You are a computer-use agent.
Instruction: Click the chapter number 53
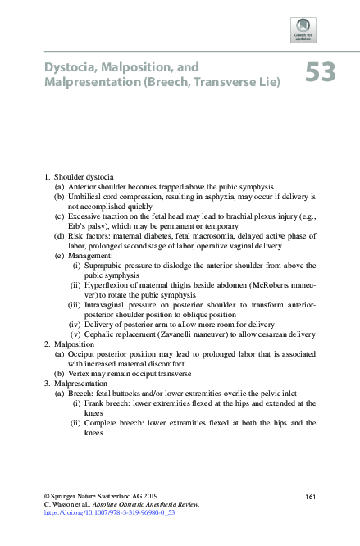(321, 73)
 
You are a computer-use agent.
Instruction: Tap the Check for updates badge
(303, 30)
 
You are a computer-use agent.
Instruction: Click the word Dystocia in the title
(70, 65)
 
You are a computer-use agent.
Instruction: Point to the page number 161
(310, 497)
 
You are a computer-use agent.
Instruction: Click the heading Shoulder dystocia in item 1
(84, 176)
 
